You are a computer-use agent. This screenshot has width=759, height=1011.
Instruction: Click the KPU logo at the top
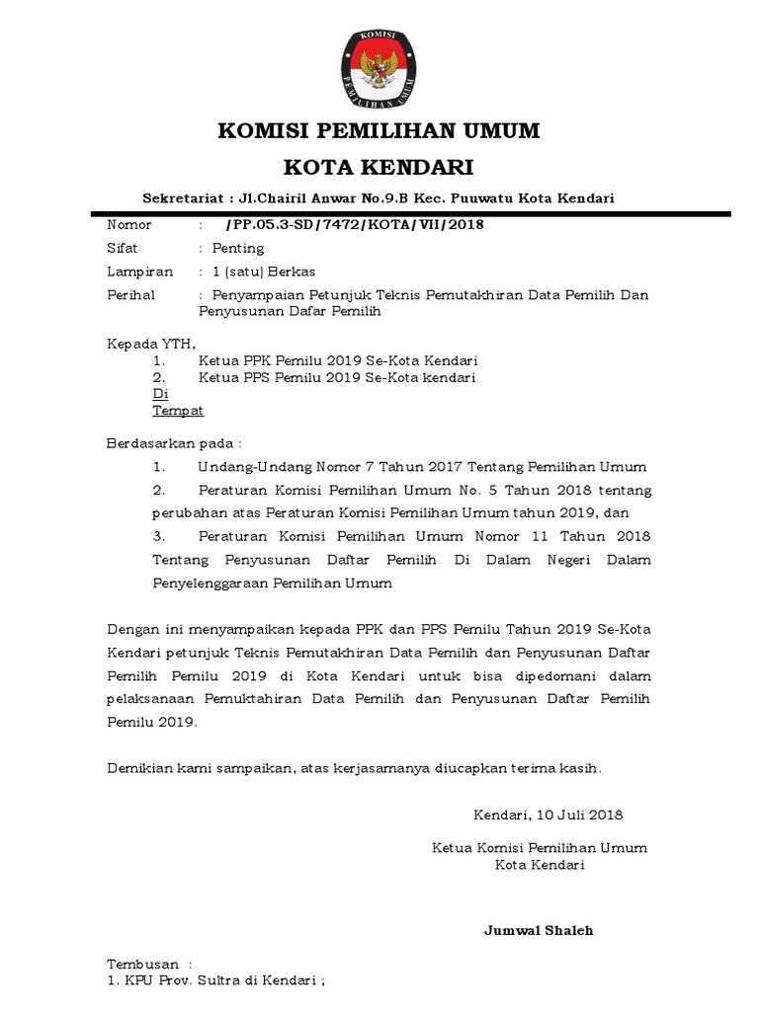379,68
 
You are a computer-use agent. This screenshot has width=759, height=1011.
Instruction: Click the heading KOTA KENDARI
379,165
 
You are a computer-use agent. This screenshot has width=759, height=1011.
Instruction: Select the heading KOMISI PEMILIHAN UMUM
379,130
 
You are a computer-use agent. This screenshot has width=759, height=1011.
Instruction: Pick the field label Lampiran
139,272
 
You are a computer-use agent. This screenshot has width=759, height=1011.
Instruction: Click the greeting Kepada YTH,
151,344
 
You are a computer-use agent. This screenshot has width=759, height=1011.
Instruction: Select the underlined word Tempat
178,409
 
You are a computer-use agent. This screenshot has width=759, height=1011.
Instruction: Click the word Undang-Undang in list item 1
251,466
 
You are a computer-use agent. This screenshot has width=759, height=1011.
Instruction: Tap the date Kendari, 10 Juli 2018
548,816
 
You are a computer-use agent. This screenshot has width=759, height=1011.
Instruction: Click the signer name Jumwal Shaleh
539,930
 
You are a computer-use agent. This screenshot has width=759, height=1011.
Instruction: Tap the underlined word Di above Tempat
161,393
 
